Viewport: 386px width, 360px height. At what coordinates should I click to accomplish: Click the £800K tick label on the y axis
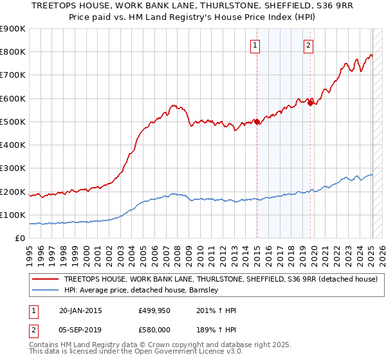pos(13,52)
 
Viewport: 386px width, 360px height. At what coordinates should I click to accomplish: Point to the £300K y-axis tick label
pos(13,168)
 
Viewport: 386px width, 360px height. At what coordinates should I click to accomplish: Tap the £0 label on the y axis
pos(20,239)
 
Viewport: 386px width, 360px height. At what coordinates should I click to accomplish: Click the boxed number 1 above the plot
pos(256,45)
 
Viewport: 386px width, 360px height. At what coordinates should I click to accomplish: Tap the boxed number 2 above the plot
pos(309,45)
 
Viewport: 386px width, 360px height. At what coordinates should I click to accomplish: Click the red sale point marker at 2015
pos(257,122)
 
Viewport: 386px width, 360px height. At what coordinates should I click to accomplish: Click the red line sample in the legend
pos(46,280)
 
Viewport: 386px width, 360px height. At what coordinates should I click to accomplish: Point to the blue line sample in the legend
pos(46,291)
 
